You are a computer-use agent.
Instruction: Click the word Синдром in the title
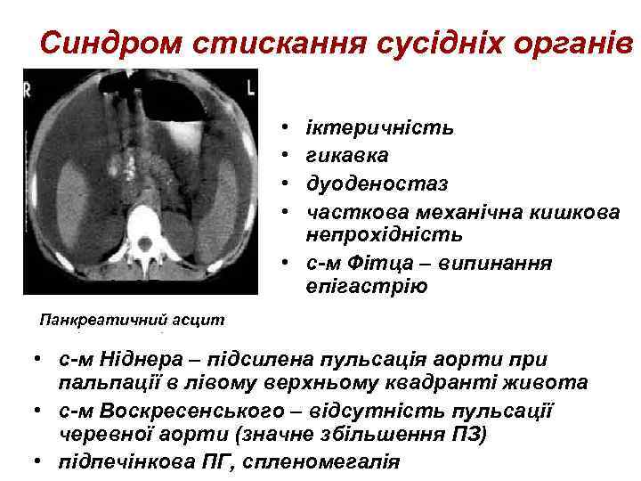(x=98, y=42)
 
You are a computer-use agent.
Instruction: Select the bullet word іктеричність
(x=379, y=127)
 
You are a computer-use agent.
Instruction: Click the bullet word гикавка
(x=346, y=155)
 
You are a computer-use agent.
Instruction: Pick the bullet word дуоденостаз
(x=377, y=183)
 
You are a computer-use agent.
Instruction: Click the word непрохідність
(x=385, y=234)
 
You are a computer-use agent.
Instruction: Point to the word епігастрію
(x=367, y=287)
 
